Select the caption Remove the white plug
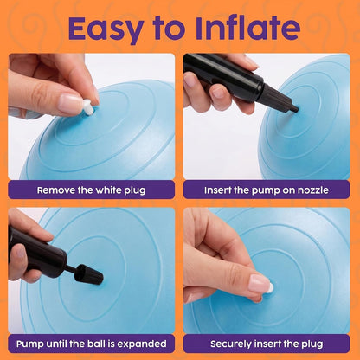point(91,190)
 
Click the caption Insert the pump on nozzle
point(267,190)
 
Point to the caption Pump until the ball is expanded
point(91,344)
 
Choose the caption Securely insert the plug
point(267,344)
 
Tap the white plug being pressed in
point(270,287)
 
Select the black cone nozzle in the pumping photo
point(89,274)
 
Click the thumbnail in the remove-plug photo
point(70,104)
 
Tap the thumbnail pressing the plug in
point(260,283)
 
